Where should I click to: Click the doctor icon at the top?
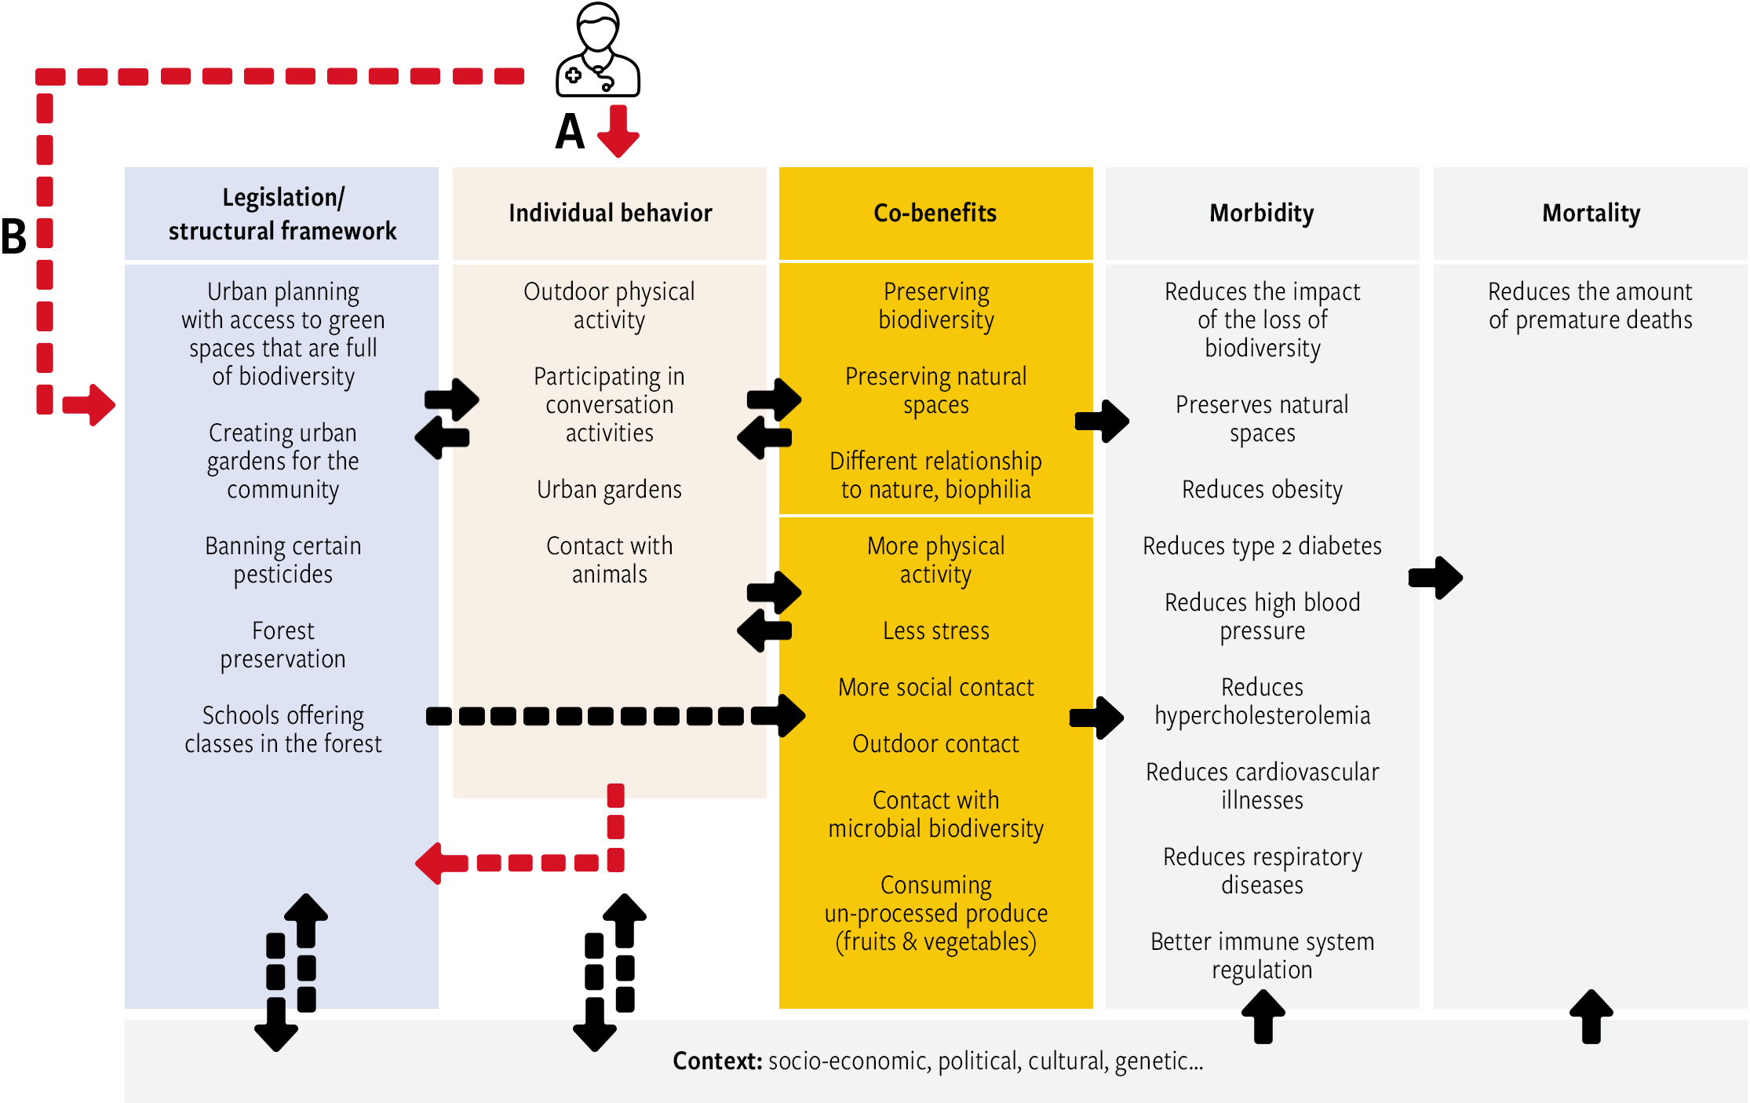pos(598,49)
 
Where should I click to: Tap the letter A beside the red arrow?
pos(570,132)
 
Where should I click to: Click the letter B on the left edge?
pos(13,236)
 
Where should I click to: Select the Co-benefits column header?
pos(935,213)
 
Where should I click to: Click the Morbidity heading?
pos(1262,214)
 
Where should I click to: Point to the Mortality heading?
pos(1591,214)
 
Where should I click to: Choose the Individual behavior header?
pos(610,213)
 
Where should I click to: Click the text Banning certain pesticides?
pos(283,560)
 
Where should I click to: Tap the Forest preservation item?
pos(283,645)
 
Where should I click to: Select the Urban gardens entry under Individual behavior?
pos(610,490)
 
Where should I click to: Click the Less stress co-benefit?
pos(936,630)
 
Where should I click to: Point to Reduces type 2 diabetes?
pos(1262,546)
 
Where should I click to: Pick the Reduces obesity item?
pos(1262,490)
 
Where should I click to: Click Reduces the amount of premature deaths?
pos(1591,305)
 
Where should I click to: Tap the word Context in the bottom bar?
pos(718,1061)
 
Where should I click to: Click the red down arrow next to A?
pos(618,131)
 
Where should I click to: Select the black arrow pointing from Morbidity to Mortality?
pos(1435,578)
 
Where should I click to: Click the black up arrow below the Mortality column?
pos(1591,1017)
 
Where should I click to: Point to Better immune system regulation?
pos(1262,955)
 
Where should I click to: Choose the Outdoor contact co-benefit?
pos(936,743)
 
